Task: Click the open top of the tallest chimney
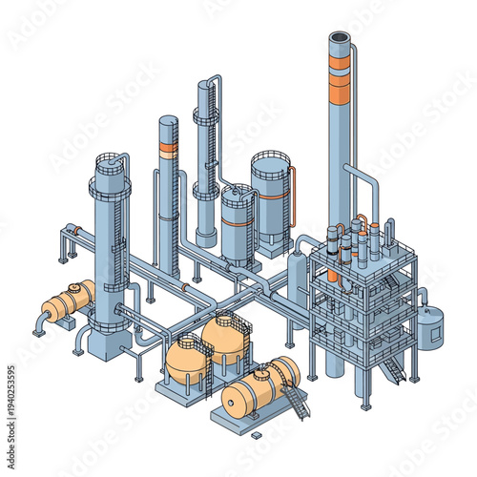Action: (340, 37)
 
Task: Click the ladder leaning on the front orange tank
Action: (296, 404)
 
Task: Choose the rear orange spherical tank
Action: (225, 334)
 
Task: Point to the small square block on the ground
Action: (256, 435)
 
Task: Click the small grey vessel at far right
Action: (431, 327)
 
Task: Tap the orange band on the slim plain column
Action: (169, 150)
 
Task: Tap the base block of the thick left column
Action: (107, 344)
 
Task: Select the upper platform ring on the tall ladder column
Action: (206, 117)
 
